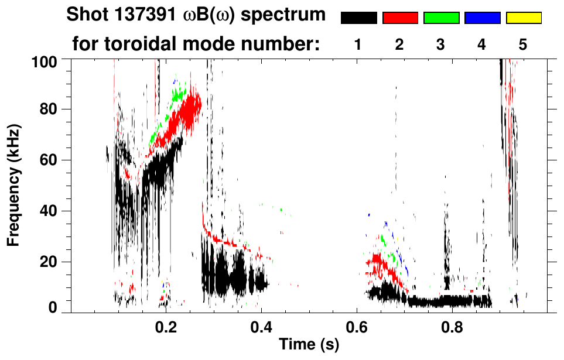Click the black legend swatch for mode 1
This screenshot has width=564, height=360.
[359, 18]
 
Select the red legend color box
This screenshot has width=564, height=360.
[400, 18]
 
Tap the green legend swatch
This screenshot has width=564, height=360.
[441, 18]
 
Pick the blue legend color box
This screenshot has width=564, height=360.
[482, 18]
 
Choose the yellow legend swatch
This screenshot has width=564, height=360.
[524, 18]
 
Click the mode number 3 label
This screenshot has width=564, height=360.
[440, 44]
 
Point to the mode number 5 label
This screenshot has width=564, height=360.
[523, 44]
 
